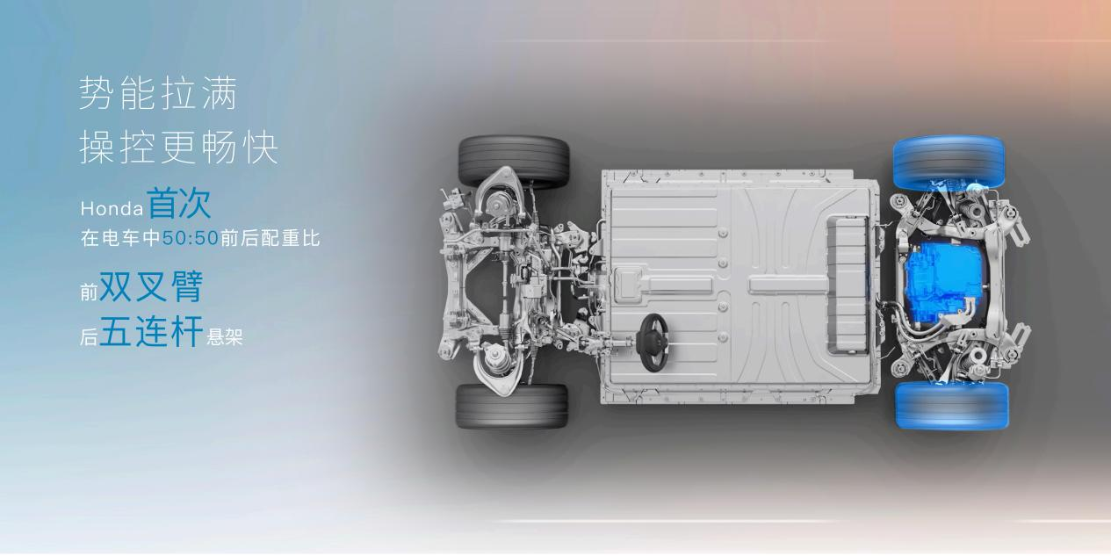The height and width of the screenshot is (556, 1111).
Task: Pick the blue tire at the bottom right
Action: coord(951,405)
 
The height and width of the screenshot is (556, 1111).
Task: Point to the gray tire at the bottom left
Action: coord(511,406)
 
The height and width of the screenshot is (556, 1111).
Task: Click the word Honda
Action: coord(112,209)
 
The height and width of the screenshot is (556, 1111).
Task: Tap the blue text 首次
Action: coord(179,204)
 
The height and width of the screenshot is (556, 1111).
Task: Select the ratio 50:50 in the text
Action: coord(191,239)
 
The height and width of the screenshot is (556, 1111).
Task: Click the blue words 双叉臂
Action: coord(151,286)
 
